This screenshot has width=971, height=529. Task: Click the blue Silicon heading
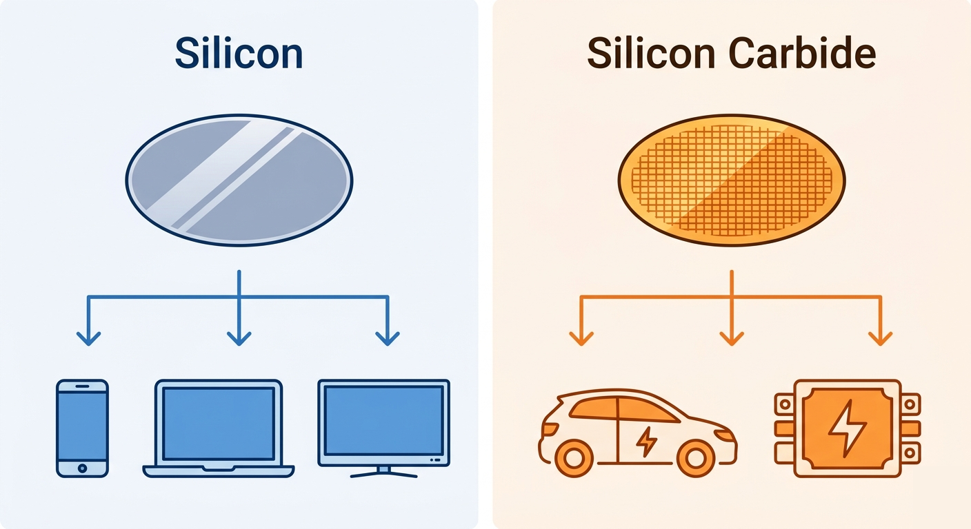point(239,53)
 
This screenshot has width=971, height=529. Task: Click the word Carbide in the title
point(802,53)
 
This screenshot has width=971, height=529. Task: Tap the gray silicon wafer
point(239,180)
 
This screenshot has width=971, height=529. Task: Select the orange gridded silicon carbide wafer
point(732,180)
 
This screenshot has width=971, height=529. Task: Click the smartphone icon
point(82,428)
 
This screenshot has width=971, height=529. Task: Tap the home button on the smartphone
point(82,468)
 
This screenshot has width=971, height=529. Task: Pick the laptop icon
point(219,428)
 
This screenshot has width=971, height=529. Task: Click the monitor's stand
point(383,472)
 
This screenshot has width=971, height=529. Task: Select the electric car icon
point(637,433)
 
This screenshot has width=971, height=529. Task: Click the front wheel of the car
point(696,459)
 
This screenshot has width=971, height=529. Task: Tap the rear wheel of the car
point(574,459)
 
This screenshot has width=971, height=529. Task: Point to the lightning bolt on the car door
point(646,442)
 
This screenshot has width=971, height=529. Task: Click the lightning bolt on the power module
point(848,428)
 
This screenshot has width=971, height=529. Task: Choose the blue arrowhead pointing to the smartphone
point(88,338)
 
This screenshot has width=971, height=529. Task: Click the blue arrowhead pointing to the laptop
point(239,338)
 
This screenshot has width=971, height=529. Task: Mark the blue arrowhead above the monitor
point(387,338)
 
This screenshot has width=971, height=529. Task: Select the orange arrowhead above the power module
point(881,338)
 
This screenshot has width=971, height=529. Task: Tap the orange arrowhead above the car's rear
point(581,338)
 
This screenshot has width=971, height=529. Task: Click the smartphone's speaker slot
point(82,386)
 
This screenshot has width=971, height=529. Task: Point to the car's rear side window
point(594,408)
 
